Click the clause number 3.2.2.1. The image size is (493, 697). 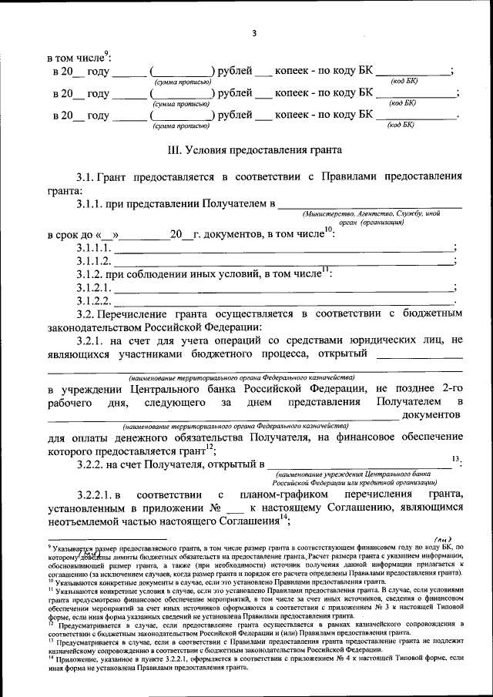[98, 493]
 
